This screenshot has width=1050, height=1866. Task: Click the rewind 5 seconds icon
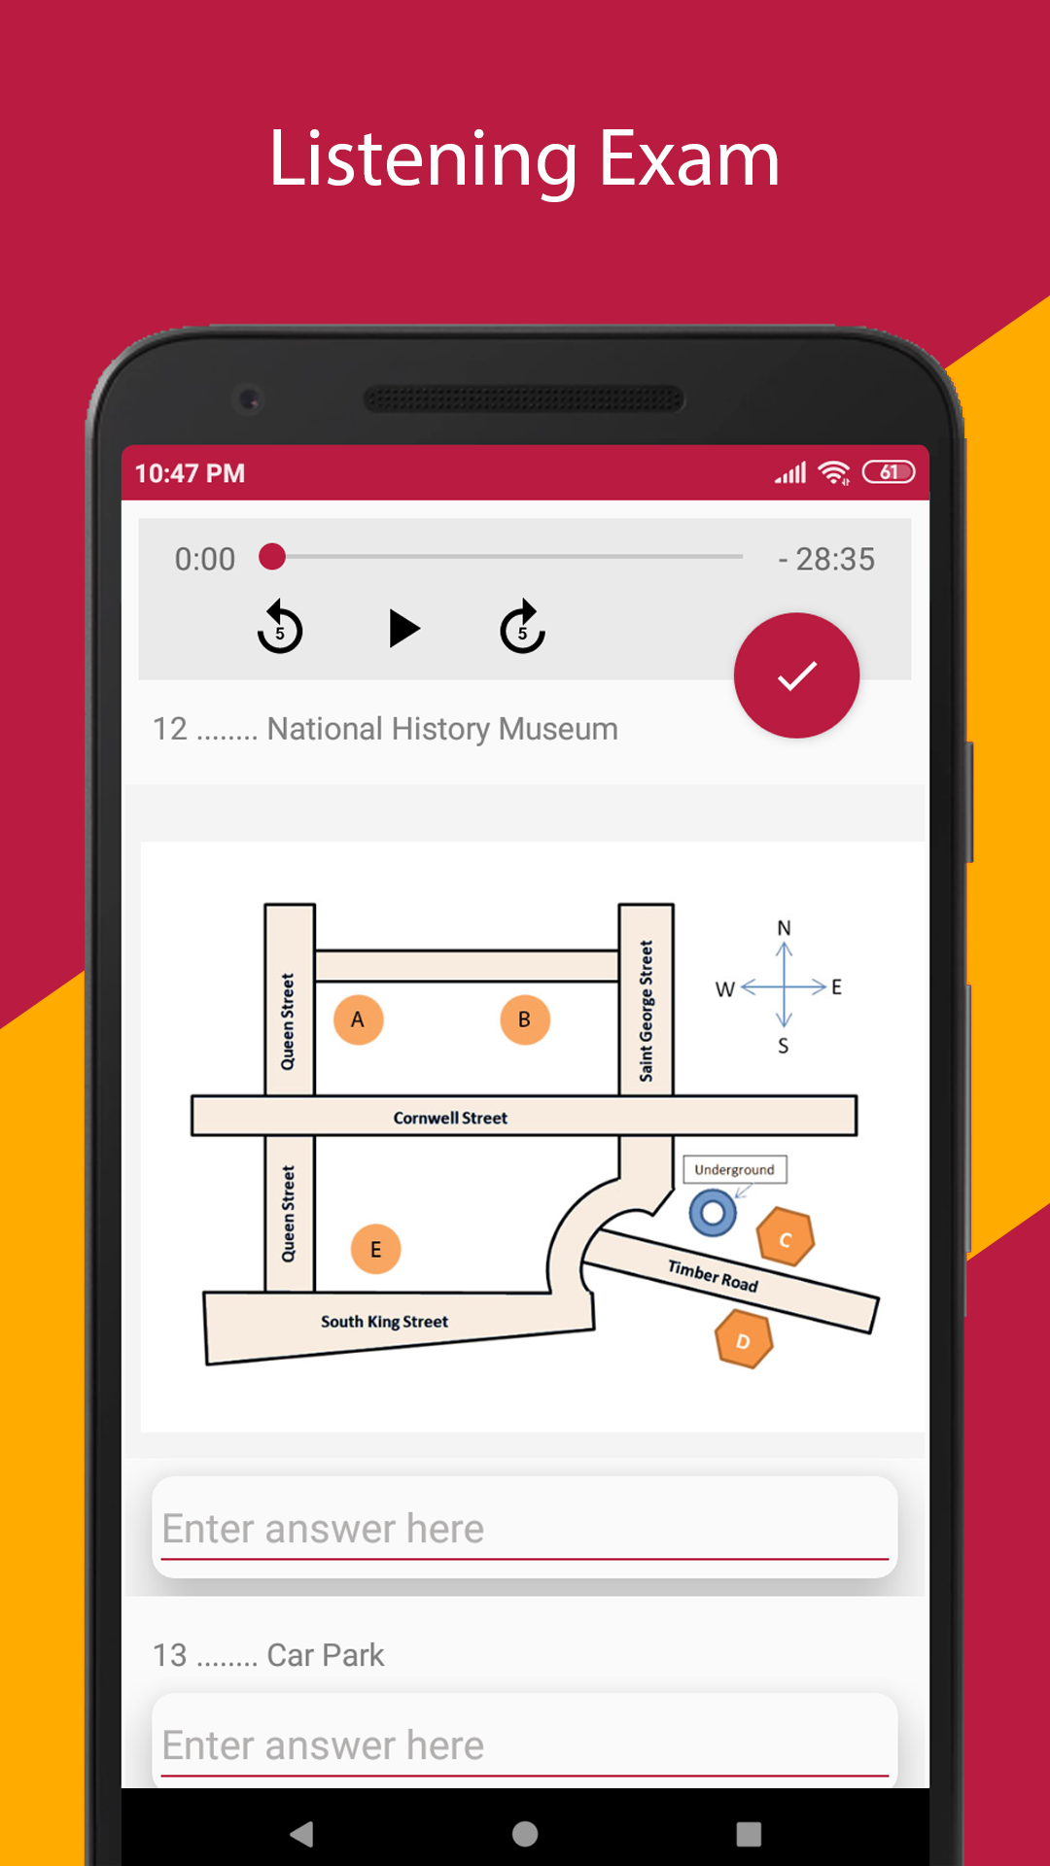(x=280, y=627)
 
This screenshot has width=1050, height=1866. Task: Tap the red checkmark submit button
(x=796, y=675)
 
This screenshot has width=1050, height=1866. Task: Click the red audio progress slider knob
(x=272, y=557)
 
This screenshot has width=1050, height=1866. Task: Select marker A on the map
(x=358, y=1019)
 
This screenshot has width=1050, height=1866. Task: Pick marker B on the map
(x=525, y=1019)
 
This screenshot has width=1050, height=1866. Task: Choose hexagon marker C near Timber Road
(x=786, y=1237)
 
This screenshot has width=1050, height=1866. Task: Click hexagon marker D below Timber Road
(x=744, y=1339)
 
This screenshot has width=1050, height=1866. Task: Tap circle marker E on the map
(x=375, y=1249)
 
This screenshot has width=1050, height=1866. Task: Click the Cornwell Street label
(x=450, y=1118)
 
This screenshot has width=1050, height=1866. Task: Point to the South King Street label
(x=384, y=1322)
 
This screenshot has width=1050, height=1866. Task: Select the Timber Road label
(x=713, y=1275)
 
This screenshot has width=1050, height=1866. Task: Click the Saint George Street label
(x=647, y=1011)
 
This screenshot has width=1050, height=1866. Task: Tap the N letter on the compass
(x=784, y=928)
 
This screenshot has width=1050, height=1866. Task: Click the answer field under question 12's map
(x=525, y=1527)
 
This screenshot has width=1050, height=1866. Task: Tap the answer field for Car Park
(x=525, y=1742)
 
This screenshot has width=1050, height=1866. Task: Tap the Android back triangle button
(x=302, y=1834)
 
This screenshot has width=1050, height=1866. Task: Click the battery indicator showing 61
(x=889, y=472)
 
